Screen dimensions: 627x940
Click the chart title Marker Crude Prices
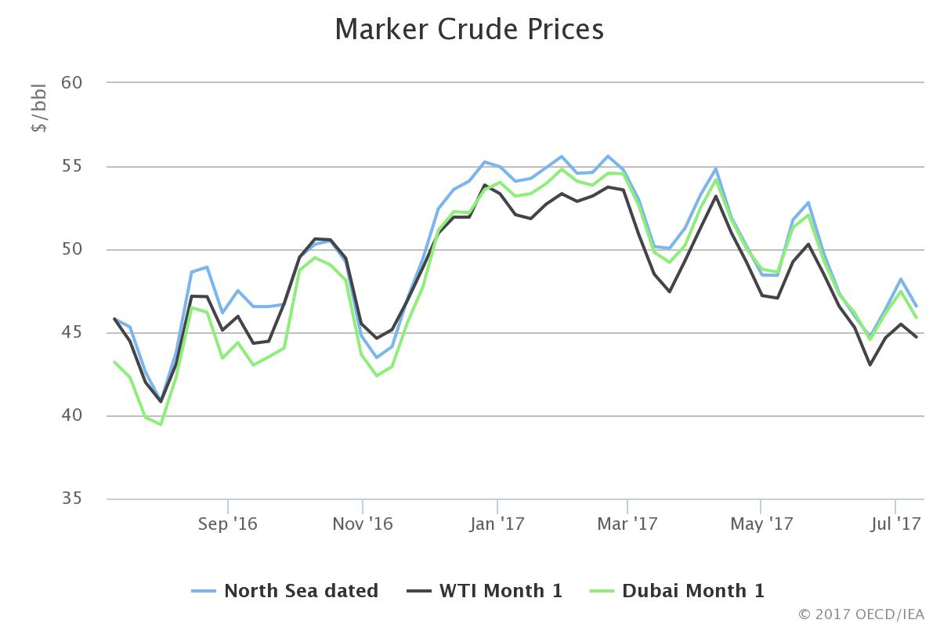[x=469, y=30]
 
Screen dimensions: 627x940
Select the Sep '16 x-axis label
[x=228, y=523]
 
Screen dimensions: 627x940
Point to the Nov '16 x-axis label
[x=363, y=523]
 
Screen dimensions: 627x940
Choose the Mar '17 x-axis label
[x=627, y=523]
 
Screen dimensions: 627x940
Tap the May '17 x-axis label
[x=761, y=523]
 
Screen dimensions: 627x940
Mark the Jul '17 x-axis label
[x=895, y=523]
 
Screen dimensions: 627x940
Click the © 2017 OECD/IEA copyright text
[x=861, y=614]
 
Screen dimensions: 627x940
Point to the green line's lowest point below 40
[x=161, y=424]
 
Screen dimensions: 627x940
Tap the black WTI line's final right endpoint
[x=916, y=337]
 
